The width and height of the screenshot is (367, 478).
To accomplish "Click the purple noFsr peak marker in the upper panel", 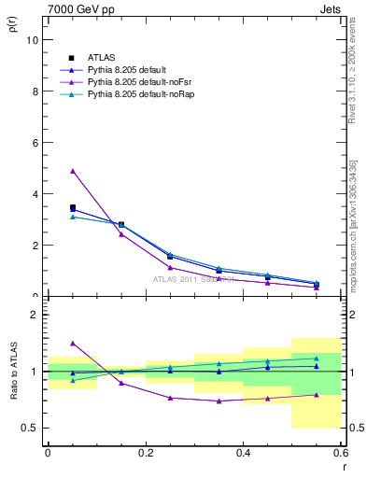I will [73, 171].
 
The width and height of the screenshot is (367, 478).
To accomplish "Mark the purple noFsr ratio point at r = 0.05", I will [73, 344].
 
